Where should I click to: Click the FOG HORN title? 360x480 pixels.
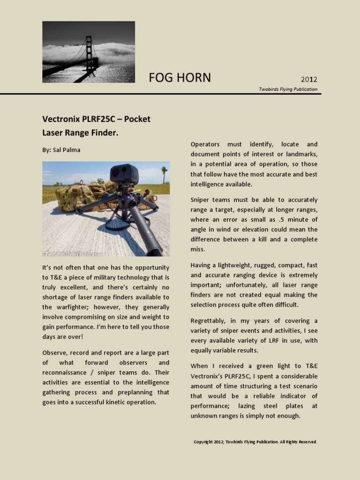tap(180, 78)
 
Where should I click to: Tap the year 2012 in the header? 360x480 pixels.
tap(309, 79)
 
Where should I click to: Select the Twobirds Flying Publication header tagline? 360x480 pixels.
tap(288, 89)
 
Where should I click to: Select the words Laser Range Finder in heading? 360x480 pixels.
tap(80, 133)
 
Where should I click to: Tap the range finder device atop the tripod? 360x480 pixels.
tap(124, 174)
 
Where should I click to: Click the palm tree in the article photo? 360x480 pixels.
tap(164, 173)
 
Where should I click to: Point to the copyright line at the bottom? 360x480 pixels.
tap(255, 442)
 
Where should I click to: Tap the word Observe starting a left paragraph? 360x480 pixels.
tap(55, 352)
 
